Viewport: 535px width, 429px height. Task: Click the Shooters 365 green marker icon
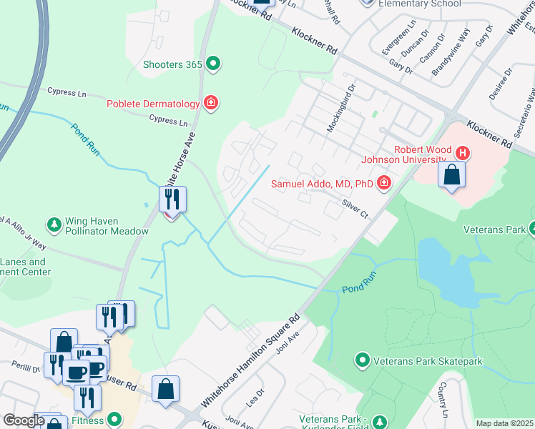click(x=212, y=64)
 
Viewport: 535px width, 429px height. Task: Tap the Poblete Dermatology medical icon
click(x=210, y=104)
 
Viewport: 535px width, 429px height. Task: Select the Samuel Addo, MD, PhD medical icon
click(x=384, y=184)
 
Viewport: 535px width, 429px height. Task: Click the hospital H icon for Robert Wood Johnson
click(x=463, y=152)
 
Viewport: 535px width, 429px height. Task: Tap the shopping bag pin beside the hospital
click(x=451, y=174)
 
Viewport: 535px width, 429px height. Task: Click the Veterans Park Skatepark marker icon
click(x=363, y=359)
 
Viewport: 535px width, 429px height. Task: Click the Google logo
click(x=24, y=420)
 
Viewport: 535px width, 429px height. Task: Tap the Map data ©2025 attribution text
click(x=504, y=423)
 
